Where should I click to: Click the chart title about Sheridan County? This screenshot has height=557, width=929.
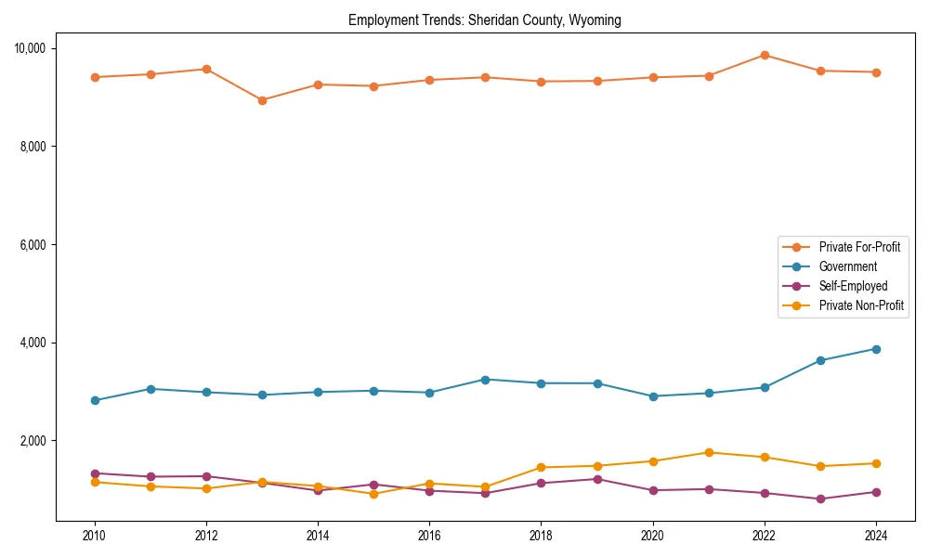(485, 19)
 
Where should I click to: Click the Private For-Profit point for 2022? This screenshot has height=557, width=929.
(765, 55)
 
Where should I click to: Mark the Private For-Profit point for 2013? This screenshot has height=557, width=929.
(262, 100)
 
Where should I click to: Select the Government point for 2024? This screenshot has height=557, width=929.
(876, 349)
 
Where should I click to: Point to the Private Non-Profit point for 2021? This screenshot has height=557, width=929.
(709, 452)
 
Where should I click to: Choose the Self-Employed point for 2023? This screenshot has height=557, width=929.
(820, 499)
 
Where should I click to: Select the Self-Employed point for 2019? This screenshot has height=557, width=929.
(597, 479)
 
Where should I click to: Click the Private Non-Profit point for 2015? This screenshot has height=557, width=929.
(373, 494)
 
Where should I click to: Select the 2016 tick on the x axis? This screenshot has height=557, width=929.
(429, 536)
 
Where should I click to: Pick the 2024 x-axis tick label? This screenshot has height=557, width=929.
(876, 536)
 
